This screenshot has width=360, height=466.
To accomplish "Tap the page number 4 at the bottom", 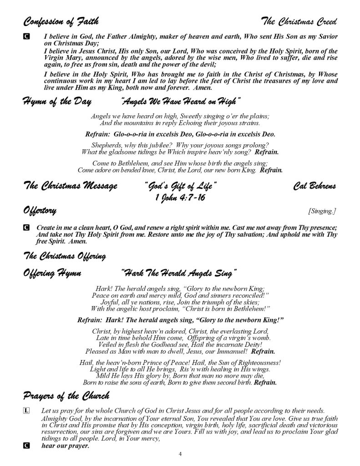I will click(x=180, y=455).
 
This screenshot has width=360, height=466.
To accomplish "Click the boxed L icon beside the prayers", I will click(x=26, y=410).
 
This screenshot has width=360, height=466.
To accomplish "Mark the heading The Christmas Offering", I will click(x=64, y=256).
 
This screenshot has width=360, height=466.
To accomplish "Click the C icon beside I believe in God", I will click(x=26, y=36).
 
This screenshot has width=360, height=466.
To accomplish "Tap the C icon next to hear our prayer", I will click(x=26, y=446).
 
